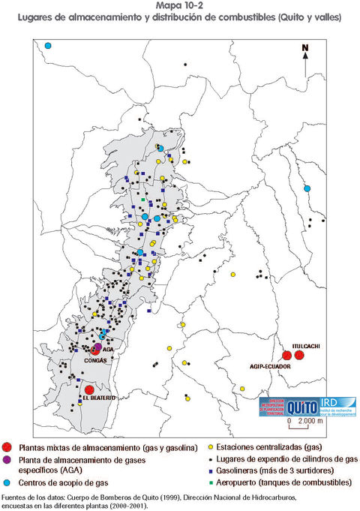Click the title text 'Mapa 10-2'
(x=179, y=5)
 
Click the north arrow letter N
(x=305, y=50)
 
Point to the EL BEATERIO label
(x=78, y=399)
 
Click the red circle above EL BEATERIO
(x=88, y=390)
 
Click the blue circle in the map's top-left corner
(x=48, y=46)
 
